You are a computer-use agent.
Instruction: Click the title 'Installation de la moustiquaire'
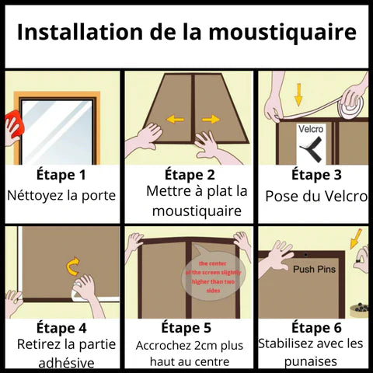pyautogui.click(x=186, y=33)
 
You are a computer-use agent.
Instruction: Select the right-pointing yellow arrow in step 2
pyautogui.click(x=211, y=120)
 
